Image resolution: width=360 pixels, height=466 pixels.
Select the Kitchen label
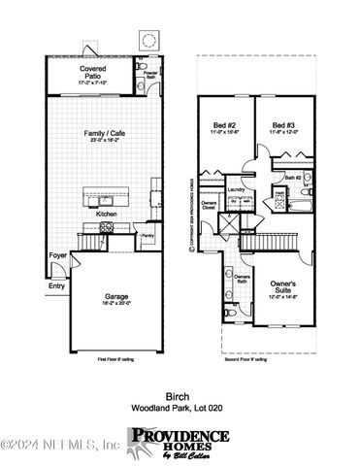point(107,212)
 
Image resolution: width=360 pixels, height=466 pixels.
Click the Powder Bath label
point(149,75)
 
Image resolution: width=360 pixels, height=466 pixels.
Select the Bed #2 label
point(224,125)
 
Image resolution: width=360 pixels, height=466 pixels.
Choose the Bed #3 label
point(283,125)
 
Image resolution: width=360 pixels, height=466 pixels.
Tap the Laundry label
point(237,190)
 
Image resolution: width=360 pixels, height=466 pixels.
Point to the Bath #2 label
point(292,178)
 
